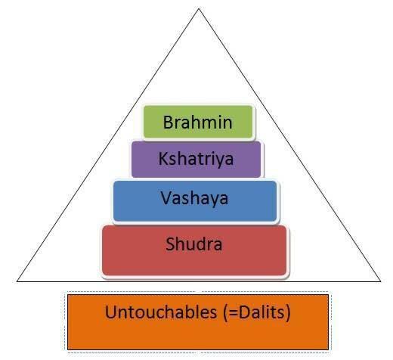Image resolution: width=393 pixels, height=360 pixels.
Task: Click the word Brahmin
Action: (197, 123)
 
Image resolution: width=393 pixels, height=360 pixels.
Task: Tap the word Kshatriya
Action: (196, 160)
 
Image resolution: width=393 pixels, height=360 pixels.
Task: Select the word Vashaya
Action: (194, 198)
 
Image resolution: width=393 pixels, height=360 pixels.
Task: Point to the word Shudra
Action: (193, 244)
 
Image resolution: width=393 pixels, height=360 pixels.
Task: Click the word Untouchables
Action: (161, 312)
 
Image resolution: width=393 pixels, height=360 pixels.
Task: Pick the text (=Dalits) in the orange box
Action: (257, 313)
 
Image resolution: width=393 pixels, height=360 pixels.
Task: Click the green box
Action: (198, 122)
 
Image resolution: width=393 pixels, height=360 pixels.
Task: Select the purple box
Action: (196, 160)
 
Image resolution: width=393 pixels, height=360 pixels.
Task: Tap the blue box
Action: (195, 201)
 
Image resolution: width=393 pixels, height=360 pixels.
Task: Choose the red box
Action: (194, 250)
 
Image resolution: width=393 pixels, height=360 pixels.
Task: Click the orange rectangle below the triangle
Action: (198, 322)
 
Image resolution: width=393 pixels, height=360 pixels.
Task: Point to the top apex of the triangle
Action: (199, 8)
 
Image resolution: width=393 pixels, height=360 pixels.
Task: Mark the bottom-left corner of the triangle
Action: (17, 281)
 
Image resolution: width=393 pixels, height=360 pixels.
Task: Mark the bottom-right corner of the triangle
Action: (381, 281)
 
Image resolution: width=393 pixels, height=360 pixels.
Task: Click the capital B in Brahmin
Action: (168, 123)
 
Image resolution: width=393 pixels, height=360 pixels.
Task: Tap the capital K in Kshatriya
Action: (163, 158)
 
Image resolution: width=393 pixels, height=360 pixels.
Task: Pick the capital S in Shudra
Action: (170, 244)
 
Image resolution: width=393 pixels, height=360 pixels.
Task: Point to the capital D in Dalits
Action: (244, 312)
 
